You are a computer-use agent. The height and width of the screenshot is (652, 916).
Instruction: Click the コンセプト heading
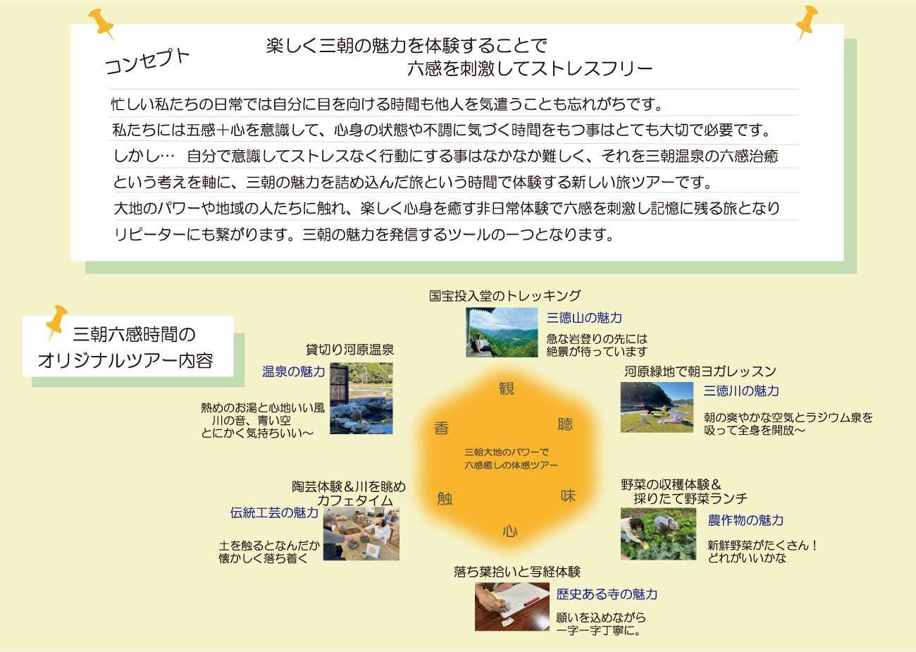147,62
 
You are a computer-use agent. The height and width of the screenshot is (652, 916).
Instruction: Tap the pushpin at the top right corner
806,22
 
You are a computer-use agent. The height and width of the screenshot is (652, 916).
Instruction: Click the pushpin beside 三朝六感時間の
56,321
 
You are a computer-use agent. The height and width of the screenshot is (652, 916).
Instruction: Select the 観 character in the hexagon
506,388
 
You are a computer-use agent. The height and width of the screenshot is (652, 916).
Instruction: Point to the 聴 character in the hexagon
565,424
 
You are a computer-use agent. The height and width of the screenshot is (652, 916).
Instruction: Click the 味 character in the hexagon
568,496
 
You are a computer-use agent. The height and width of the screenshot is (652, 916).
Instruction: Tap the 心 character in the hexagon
510,531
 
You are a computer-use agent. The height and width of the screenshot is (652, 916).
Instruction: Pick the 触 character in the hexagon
445,498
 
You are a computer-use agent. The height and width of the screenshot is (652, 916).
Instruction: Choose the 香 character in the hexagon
442,428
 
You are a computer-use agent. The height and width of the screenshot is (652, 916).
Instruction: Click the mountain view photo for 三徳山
502,333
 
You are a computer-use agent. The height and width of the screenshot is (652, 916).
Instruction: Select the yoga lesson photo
657,407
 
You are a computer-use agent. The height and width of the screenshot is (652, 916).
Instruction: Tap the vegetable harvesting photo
658,534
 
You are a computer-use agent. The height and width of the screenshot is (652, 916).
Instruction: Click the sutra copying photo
512,607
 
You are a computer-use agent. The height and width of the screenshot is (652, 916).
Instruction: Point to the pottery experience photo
361,534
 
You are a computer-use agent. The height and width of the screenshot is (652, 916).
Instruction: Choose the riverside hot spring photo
361,398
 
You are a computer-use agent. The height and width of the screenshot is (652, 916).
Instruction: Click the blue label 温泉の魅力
294,371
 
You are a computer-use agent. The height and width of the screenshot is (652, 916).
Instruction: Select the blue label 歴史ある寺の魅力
607,594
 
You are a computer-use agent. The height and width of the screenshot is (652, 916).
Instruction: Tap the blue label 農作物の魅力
745,520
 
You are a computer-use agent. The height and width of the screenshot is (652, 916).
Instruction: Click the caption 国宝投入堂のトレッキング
505,295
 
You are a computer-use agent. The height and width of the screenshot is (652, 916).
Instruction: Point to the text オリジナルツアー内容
125,361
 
